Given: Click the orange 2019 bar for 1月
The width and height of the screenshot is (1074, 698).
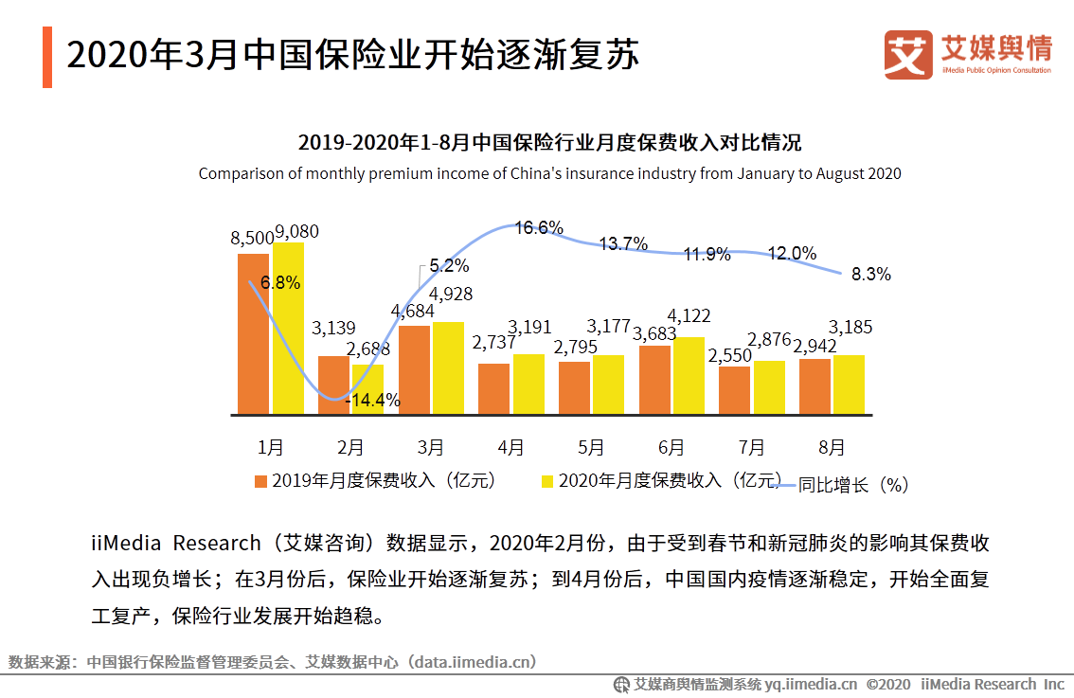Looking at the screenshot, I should pos(253,333).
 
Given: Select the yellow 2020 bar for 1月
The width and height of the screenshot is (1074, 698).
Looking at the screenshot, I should pos(288,329).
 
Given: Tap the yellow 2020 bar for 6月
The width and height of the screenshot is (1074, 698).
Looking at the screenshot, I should pos(689,376).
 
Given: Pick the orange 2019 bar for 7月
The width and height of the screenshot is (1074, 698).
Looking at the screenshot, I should pos(734,390).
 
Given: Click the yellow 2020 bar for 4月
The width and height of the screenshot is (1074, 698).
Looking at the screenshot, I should pos(528,385).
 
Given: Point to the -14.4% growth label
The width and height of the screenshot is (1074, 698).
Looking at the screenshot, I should pos(372,401).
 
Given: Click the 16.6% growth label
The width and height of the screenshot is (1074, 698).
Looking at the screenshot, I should pos(539,227).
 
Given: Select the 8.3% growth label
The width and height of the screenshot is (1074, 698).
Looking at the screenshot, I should pos(870,275).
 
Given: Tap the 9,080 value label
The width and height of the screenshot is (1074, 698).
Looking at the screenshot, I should pos(296,231).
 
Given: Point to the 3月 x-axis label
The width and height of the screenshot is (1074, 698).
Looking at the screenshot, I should pos(430,446).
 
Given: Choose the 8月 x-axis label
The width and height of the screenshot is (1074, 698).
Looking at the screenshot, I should pos(831,446).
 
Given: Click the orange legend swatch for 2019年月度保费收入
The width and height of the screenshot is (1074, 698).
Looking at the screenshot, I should pos(260,481).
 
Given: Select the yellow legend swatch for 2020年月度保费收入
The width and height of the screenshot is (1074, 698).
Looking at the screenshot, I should pos(546,481).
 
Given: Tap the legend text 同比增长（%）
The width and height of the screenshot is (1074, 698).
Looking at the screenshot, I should pos(852,484).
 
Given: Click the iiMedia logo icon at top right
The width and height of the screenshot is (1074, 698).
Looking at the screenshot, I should pos(907,54).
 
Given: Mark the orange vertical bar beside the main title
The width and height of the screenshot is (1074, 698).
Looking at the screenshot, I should pos(46,57).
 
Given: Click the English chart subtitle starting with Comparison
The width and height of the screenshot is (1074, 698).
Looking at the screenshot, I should pos(549,173).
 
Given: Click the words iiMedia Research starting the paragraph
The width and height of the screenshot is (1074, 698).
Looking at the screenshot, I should pos(175,544).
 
